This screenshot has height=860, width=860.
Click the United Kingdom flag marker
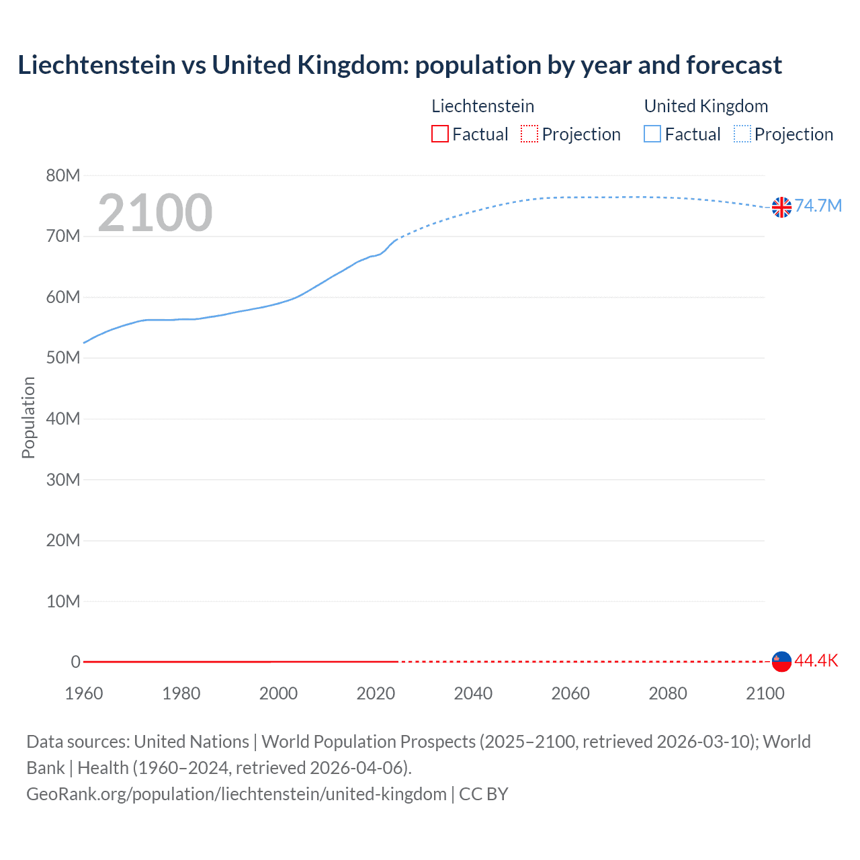point(781,207)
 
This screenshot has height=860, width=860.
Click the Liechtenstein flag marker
point(781,662)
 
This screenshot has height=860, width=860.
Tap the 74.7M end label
point(818,206)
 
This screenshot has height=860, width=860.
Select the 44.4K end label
point(816,661)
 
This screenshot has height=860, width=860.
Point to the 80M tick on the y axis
point(63,176)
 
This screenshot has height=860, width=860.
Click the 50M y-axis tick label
point(63,358)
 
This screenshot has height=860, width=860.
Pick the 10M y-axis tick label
point(63,601)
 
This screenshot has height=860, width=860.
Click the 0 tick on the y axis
point(75,662)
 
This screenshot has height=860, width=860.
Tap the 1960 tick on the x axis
point(84,693)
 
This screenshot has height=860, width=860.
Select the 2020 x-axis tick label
point(376,693)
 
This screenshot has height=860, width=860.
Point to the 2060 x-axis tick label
point(570,693)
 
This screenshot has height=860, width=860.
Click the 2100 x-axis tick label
point(765,693)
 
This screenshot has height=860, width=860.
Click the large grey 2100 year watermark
point(155,213)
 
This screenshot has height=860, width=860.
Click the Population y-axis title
point(28,417)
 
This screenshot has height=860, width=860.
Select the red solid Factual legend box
point(440,134)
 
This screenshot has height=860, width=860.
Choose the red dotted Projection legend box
point(529,134)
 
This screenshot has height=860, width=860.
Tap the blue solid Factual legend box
point(652,134)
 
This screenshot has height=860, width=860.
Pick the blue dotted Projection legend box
point(742,134)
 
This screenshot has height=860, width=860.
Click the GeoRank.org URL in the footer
point(236,794)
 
